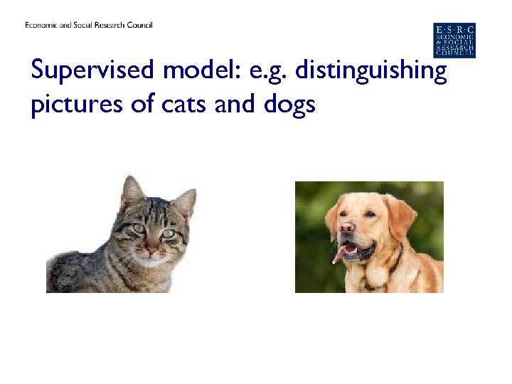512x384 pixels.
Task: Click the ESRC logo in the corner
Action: point(454,40)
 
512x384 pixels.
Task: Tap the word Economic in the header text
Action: point(42,26)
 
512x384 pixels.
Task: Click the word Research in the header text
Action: point(106,26)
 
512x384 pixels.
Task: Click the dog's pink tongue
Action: point(341,254)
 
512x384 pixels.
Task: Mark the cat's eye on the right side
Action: point(169,233)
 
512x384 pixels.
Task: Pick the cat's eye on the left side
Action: point(138,228)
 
